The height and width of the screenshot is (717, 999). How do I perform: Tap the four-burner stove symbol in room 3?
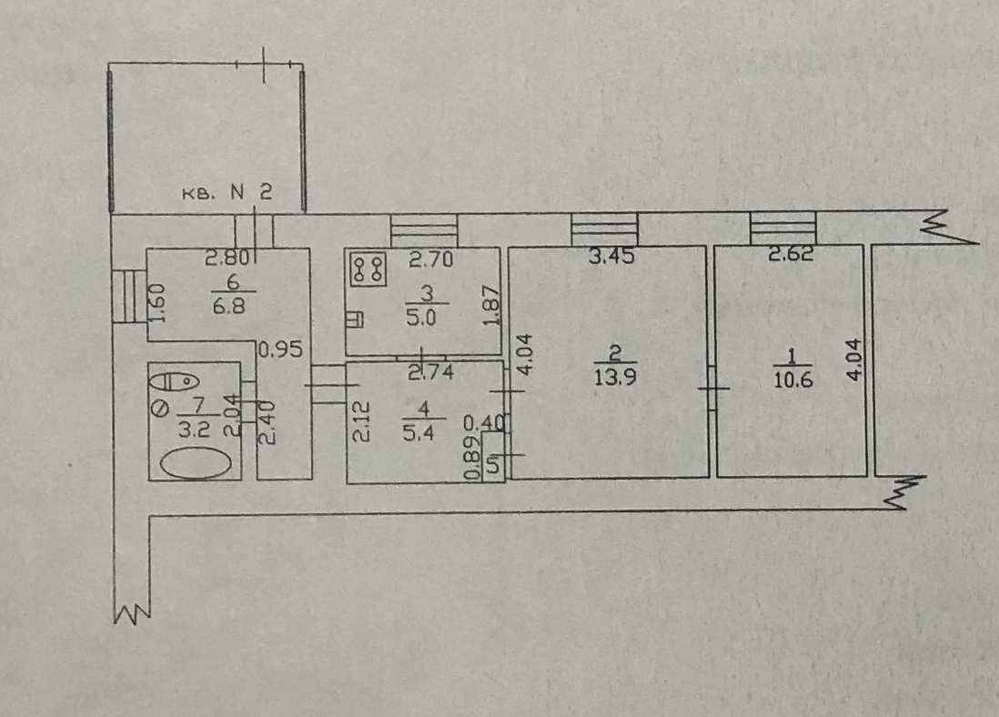pyautogui.click(x=368, y=267)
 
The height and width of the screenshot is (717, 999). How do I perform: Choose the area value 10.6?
pyautogui.click(x=792, y=379)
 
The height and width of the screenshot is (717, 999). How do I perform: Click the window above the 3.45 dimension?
pyautogui.click(x=604, y=228)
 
